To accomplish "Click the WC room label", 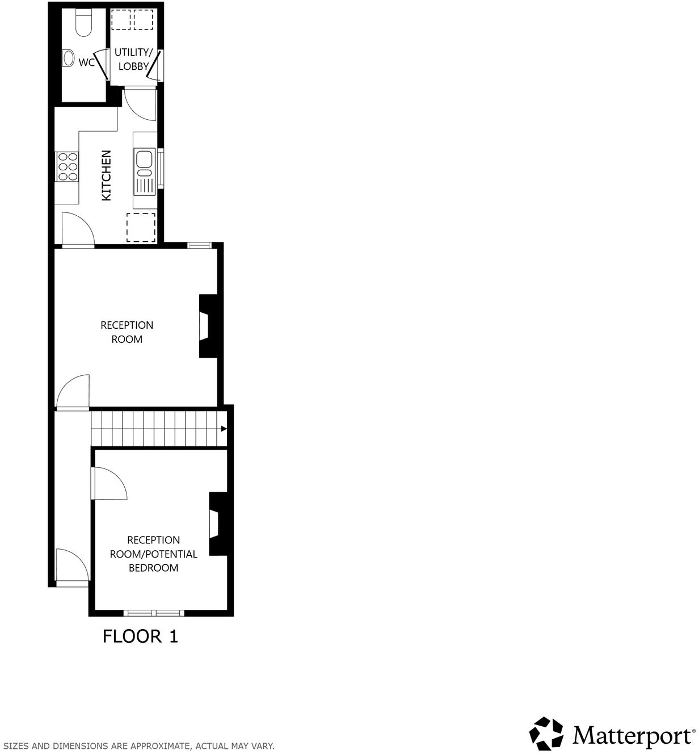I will click(86, 62).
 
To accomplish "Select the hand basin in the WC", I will click(68, 57).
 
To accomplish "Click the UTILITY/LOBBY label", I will click(133, 59).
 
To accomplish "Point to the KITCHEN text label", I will click(106, 175).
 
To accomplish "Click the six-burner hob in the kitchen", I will click(67, 167).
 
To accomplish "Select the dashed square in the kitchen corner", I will click(141, 227).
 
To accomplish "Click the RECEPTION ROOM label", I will click(127, 332).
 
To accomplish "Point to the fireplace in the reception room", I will click(206, 326).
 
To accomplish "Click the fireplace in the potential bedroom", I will click(216, 523).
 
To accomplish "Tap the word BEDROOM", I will click(153, 568).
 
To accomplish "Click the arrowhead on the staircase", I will click(224, 429).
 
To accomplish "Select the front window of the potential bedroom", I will click(154, 613).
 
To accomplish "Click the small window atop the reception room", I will click(199, 245).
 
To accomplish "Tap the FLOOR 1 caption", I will click(140, 636).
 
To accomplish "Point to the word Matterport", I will click(631, 735).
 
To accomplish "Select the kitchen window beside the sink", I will click(161, 167).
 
